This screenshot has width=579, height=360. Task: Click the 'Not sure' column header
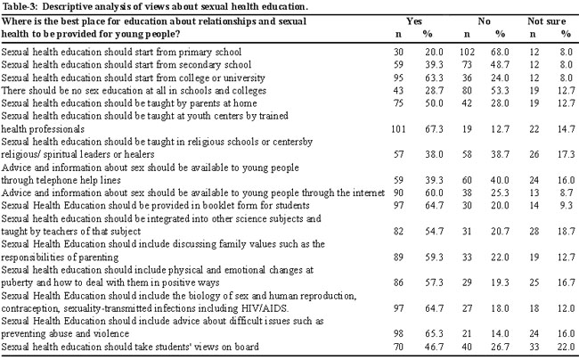pos(547,21)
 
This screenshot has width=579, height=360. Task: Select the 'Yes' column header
pos(414,21)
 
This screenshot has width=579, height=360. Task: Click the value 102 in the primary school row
pos(467,52)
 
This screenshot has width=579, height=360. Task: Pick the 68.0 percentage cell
pos(500,52)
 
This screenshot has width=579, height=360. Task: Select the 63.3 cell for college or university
pos(434,78)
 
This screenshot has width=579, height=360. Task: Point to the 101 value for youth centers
pos(398,129)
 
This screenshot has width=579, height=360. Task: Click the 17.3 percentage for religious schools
pos(567,154)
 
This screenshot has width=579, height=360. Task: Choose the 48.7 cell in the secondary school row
pos(500,65)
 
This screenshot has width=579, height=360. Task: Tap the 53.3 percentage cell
pos(500,91)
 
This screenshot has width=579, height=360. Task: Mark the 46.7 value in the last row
pos(434,347)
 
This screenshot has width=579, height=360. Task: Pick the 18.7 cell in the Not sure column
pos(567,232)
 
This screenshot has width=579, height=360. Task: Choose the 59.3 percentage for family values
pos(434,258)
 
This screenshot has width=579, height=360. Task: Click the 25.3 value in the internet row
pos(500,192)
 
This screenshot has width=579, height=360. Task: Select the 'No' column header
pos(484,21)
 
